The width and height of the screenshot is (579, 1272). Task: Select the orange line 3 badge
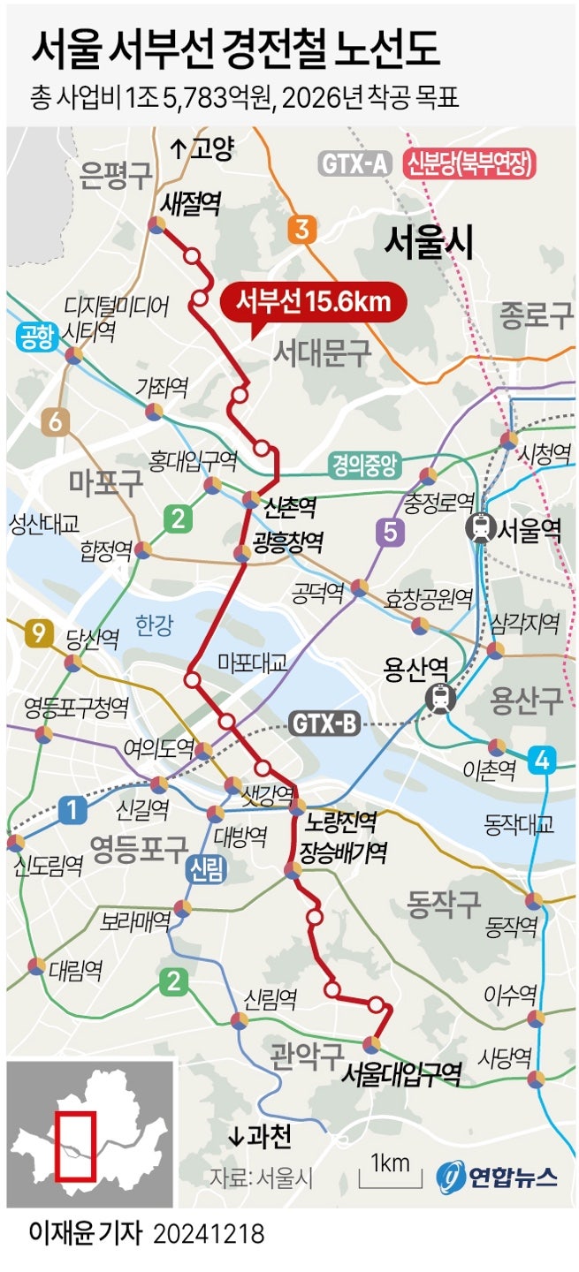(x=301, y=231)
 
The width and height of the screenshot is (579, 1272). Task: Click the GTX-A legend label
(x=354, y=163)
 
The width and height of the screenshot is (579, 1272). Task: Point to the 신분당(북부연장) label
(x=470, y=163)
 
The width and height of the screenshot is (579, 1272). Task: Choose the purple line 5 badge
(x=389, y=533)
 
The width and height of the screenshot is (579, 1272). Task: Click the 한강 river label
(x=154, y=626)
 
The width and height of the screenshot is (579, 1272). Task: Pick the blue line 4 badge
(x=541, y=759)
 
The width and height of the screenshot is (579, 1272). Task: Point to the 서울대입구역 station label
(x=401, y=1074)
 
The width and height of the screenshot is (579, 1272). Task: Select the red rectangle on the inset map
(x=74, y=1146)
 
